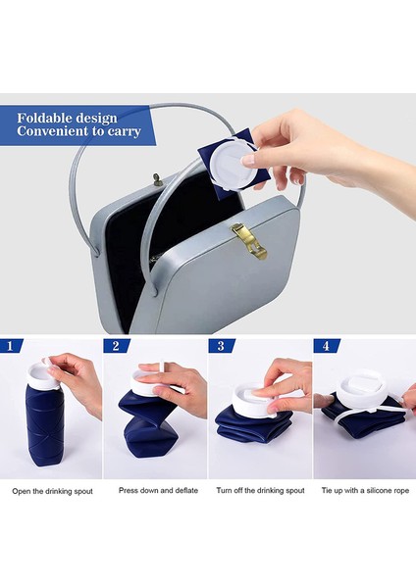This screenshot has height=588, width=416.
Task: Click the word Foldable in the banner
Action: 46,119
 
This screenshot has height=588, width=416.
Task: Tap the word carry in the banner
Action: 125,131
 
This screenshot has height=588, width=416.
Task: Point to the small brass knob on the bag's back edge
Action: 157,179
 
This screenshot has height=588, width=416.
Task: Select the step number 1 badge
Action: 11,345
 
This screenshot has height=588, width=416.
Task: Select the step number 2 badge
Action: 116,345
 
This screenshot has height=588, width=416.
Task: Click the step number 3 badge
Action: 221,345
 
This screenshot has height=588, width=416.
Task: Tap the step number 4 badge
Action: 327,345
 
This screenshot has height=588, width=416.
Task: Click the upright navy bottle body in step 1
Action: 45,425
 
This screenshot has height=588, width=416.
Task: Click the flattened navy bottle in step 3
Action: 253,425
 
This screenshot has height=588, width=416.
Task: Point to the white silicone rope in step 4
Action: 366,412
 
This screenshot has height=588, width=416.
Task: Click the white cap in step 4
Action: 361,390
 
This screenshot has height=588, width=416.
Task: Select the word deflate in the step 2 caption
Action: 186,491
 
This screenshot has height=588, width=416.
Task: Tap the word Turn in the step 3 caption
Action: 224,491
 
